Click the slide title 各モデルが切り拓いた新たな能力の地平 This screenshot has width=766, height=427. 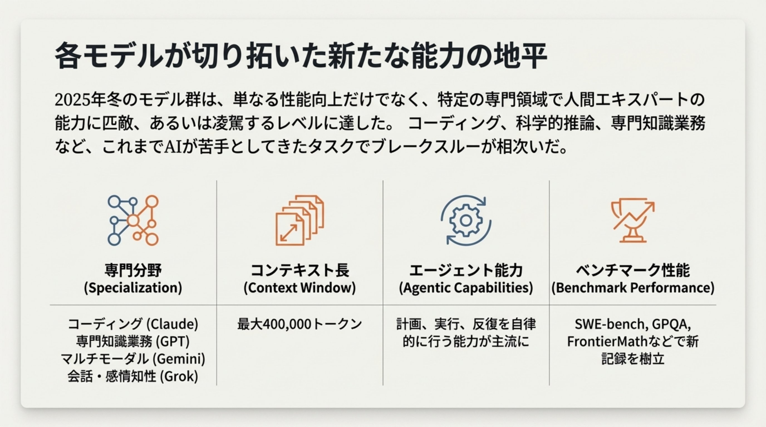301,56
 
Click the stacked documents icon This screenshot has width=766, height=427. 299,220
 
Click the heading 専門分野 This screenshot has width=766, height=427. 133,270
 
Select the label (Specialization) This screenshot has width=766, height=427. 133,288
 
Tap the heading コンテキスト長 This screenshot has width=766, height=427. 299,270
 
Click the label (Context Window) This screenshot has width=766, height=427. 299,288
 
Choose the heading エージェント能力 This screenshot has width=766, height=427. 466,270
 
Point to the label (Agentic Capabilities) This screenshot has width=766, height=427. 466,288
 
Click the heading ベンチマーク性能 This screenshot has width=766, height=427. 632,270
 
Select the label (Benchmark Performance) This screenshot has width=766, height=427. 632,288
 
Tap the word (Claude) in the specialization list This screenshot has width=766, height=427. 173,324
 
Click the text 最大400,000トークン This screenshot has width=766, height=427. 299,324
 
